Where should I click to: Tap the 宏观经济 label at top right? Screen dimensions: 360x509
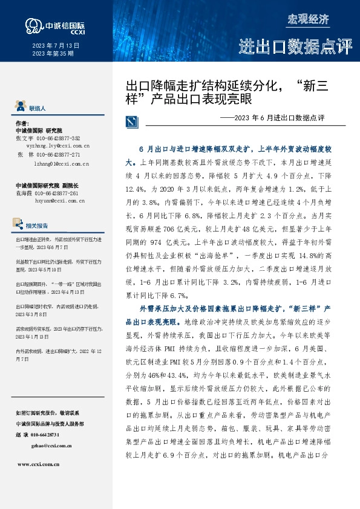[x=308, y=19]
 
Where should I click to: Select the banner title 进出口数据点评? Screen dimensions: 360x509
[x=295, y=47]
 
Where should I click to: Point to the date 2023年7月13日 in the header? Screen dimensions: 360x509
[x=54, y=45]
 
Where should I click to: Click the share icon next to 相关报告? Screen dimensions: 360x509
[x=21, y=225]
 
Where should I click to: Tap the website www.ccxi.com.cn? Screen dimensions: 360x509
[x=38, y=464]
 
